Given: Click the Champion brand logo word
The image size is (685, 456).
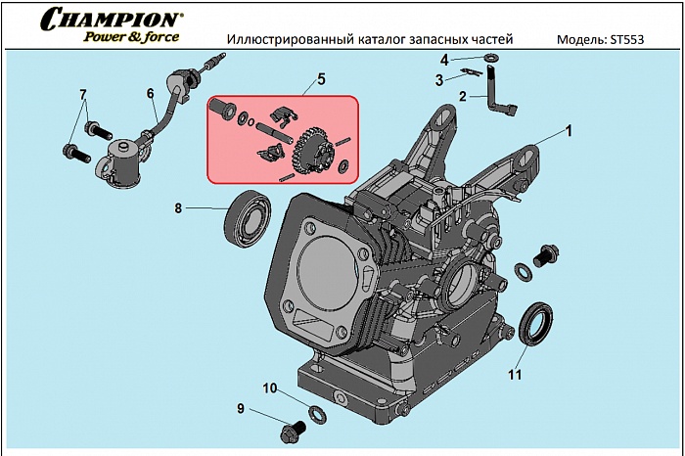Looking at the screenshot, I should pyautogui.click(x=114, y=19).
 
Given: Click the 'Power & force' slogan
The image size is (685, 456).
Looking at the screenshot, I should pyautogui.click(x=131, y=38).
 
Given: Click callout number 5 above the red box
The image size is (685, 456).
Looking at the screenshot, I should pyautogui.click(x=321, y=77).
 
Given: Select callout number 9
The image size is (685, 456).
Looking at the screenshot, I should pyautogui.click(x=240, y=408).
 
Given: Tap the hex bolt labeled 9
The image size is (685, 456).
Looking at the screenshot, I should pyautogui.click(x=290, y=431).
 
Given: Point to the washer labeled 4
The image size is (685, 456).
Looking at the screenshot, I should pyautogui.click(x=488, y=61).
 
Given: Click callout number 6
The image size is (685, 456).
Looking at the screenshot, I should pyautogui.click(x=151, y=94).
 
